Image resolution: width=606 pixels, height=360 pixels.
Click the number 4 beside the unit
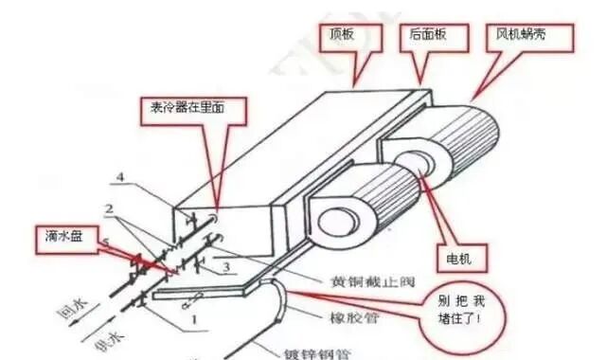[120, 177]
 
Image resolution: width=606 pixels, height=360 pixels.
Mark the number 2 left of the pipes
[110, 208]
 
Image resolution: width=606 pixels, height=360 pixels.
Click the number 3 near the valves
[226, 268]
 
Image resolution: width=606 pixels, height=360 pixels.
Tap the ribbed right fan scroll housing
[492, 133]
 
